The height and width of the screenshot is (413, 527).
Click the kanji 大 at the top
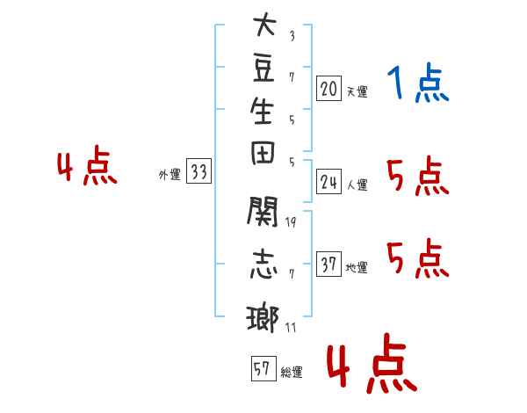(264, 24)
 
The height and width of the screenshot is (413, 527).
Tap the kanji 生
(262, 111)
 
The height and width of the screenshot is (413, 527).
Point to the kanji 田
(263, 153)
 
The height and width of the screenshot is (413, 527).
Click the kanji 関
(263, 211)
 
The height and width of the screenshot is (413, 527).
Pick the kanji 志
(263, 264)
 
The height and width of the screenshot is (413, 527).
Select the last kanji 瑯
(263, 318)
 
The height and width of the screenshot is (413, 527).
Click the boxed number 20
(328, 89)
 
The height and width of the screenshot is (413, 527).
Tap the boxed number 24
(328, 182)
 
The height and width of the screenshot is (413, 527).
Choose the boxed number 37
(328, 264)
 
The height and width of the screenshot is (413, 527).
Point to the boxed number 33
(199, 170)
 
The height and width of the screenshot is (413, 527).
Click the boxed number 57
(263, 368)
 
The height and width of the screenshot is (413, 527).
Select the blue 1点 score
(418, 83)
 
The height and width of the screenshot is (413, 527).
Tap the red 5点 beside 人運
(418, 176)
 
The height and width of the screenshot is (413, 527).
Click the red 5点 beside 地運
(418, 258)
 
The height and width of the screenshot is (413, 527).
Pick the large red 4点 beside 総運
(372, 363)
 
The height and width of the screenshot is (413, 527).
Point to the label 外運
(170, 175)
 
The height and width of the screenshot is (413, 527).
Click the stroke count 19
(291, 222)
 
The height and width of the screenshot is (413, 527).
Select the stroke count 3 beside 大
(292, 36)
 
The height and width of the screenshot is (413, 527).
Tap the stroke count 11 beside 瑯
(291, 327)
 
